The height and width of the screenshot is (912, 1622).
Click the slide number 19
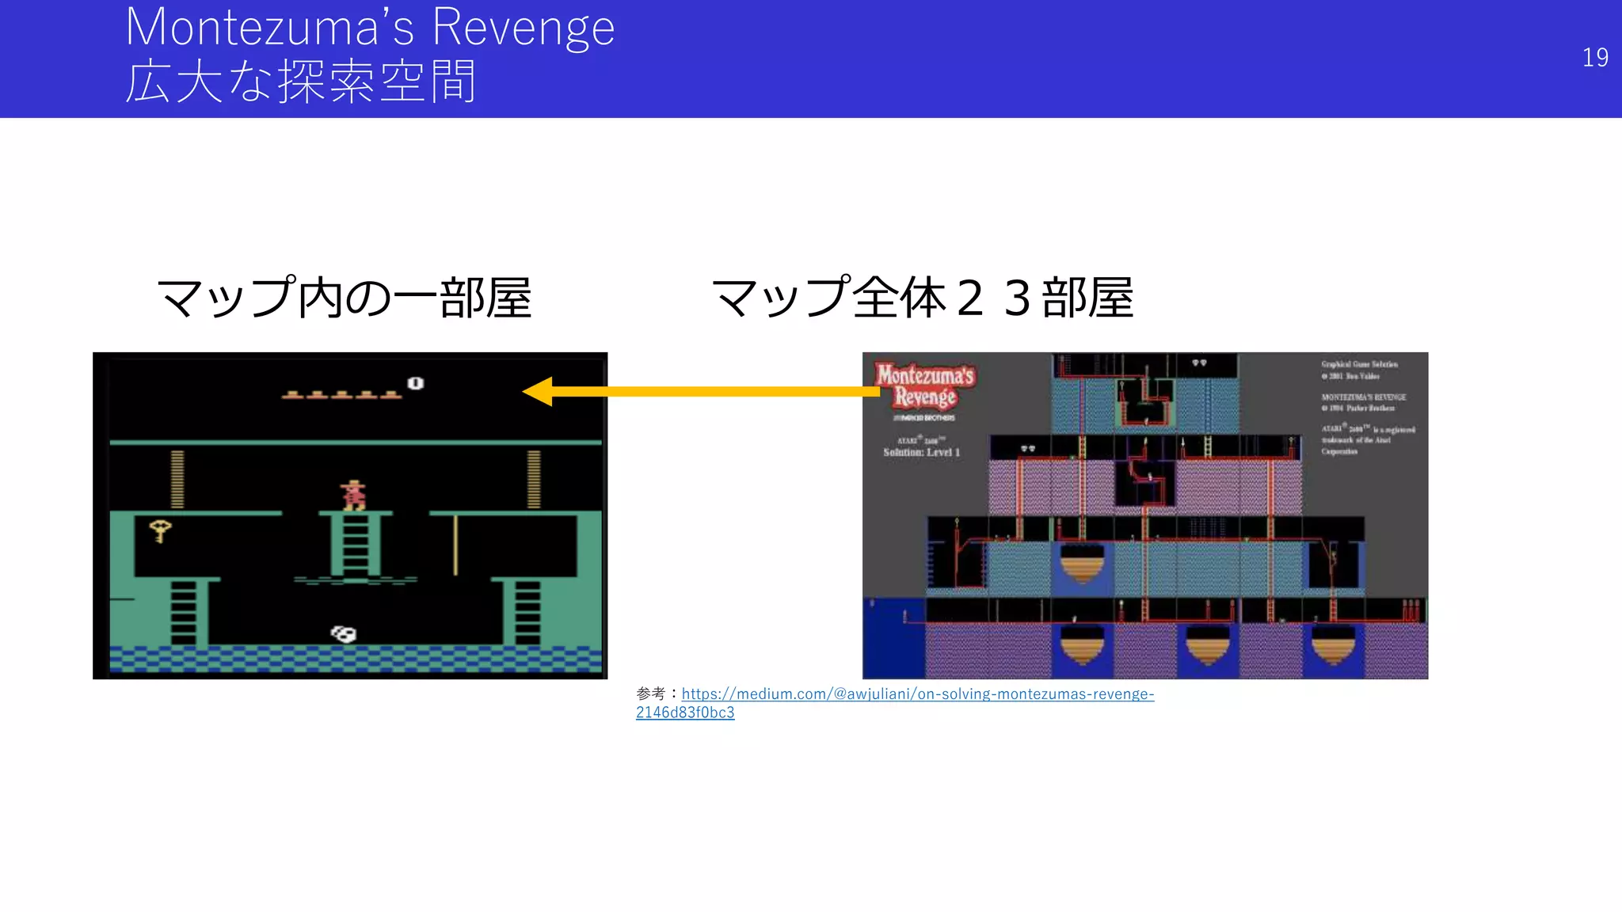point(1594,58)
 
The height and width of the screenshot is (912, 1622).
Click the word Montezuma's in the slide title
point(269,28)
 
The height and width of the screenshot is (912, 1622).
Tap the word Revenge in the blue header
point(523,28)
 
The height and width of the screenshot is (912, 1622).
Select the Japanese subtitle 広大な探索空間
point(301,82)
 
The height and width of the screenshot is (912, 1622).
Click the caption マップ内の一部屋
point(345,298)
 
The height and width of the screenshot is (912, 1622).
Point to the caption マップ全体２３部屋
point(923,298)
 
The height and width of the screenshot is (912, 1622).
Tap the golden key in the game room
point(160,530)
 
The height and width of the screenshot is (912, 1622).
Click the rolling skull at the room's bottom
point(344,633)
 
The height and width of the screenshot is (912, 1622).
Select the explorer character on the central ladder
point(353,495)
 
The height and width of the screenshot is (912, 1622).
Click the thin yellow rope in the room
point(455,545)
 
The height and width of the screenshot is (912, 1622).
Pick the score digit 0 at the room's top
point(415,383)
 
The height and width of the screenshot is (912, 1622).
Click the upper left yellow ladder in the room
point(177,479)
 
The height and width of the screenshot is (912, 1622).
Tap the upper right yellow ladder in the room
point(534,479)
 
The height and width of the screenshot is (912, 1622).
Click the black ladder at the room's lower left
point(183,613)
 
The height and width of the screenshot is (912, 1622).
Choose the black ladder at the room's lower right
point(527,613)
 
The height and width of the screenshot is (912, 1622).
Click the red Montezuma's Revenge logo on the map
point(924,386)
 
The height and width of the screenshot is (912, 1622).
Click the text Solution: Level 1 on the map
point(921,453)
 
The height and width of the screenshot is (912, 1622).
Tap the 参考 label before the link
point(650,694)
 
